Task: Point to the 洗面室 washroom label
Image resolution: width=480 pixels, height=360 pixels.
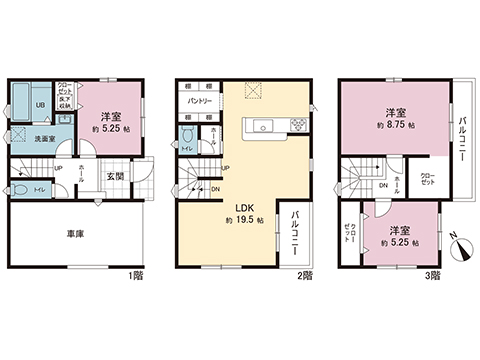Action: click(x=44, y=139)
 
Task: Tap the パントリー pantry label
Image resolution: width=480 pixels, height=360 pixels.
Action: click(x=206, y=102)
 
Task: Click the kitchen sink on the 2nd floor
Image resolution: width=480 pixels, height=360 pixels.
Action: click(x=261, y=125)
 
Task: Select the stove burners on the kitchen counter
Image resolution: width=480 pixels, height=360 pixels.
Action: click(x=298, y=125)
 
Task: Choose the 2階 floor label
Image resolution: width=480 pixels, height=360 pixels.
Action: click(x=306, y=273)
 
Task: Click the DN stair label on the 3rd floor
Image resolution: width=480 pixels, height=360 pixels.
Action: click(x=384, y=186)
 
